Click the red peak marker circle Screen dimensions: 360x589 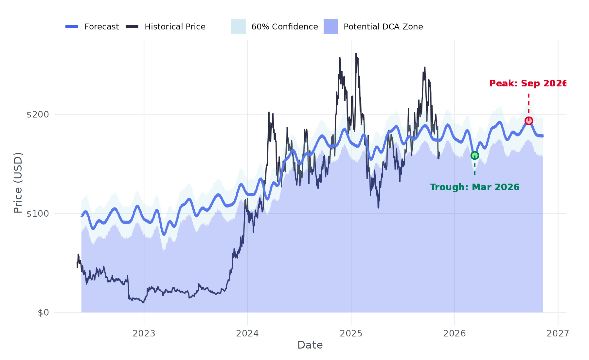point(528,121)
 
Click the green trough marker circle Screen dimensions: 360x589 point(474,155)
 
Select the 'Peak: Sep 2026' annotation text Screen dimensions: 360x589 point(527,83)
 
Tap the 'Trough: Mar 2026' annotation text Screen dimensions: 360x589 point(474,187)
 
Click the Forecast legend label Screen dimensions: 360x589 point(101,27)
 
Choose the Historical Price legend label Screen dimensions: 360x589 point(175,27)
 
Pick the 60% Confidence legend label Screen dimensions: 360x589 point(284,27)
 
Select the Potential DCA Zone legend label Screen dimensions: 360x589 point(383,27)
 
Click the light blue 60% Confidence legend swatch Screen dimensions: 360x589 point(238,27)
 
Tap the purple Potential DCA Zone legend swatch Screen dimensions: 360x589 point(330,27)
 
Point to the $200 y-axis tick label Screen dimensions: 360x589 point(37,115)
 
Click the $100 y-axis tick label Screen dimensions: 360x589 point(37,214)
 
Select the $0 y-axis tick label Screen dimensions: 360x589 point(43,313)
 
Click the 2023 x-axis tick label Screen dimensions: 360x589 point(144,333)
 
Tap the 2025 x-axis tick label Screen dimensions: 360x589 point(351,333)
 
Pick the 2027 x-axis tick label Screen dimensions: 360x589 point(558,333)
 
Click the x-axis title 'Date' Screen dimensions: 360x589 point(310,345)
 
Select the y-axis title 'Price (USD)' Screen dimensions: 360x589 point(18,183)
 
